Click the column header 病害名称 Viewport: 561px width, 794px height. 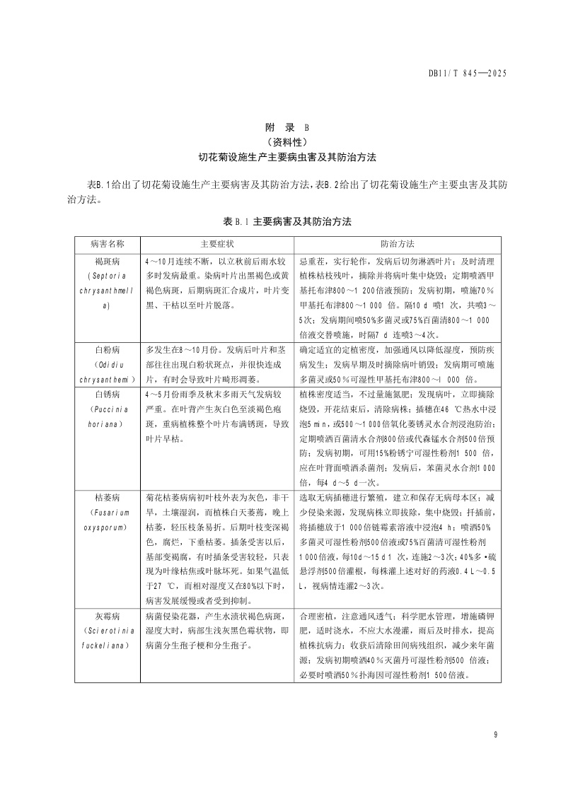coord(107,243)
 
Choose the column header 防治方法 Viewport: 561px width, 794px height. coord(398,243)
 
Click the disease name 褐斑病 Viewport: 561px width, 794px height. coord(107,260)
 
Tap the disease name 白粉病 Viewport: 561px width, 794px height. coord(107,349)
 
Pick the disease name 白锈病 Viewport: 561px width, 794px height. coord(107,395)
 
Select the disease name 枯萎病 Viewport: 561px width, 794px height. coord(107,498)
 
